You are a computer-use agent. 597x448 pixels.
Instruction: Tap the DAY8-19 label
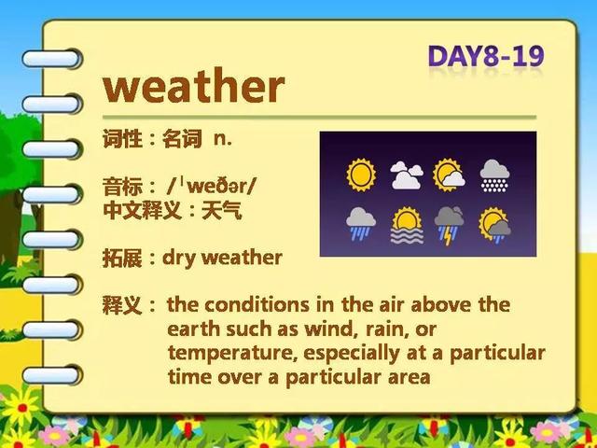pyautogui.click(x=486, y=56)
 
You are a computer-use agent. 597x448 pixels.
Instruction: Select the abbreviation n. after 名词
pyautogui.click(x=223, y=139)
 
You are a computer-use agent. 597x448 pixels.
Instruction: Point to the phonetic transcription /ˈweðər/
pyautogui.click(x=212, y=187)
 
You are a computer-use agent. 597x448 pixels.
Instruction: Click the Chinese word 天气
pyautogui.click(x=222, y=211)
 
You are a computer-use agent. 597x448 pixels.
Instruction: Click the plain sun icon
pyautogui.click(x=361, y=175)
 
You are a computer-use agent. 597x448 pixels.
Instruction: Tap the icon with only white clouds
pyautogui.click(x=407, y=175)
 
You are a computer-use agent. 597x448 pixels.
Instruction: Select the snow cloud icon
pyautogui.click(x=494, y=175)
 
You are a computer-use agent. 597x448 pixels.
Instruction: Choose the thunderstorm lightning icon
pyautogui.click(x=450, y=226)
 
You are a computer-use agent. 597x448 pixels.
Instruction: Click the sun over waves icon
pyautogui.click(x=407, y=226)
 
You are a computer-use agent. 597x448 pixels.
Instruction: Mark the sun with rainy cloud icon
pyautogui.click(x=495, y=225)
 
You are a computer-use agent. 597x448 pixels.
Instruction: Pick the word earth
pyautogui.click(x=195, y=329)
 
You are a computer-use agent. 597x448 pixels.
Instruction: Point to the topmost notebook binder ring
pyautogui.click(x=51, y=59)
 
